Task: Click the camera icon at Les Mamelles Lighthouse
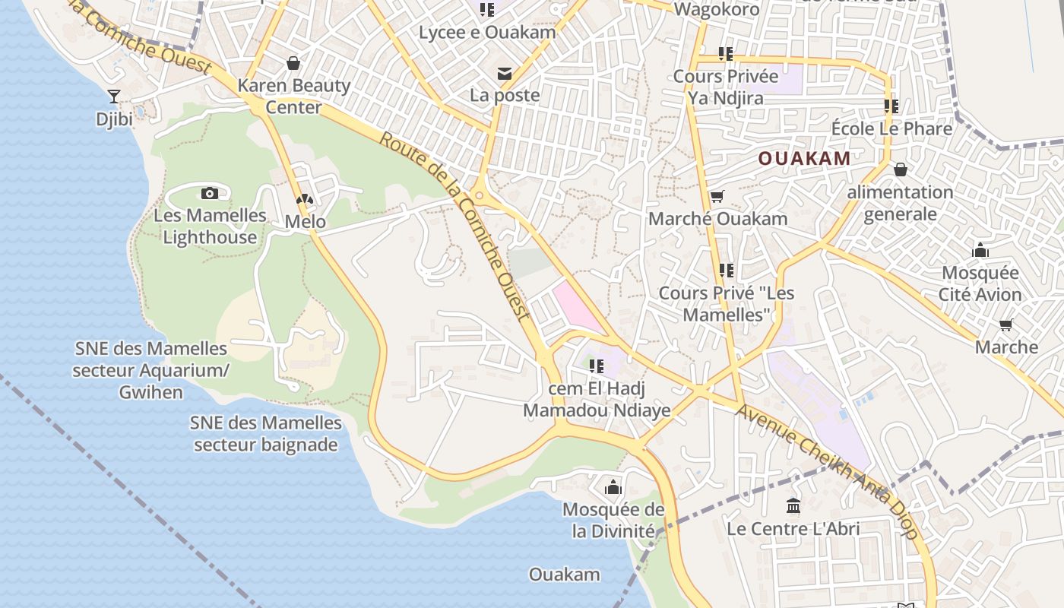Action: (210, 194)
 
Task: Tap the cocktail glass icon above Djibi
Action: (114, 96)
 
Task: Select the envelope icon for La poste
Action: (504, 74)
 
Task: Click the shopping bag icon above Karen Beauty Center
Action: (293, 63)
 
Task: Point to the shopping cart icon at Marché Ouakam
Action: (717, 197)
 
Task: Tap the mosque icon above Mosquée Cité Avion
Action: (980, 250)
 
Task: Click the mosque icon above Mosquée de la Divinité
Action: (613, 487)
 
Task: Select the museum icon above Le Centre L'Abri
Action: (793, 505)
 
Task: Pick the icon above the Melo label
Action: (305, 200)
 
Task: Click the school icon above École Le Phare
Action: (891, 106)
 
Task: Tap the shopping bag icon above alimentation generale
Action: (901, 169)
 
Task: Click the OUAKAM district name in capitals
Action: (804, 158)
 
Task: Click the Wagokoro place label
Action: (717, 10)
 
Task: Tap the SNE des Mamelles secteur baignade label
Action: (265, 433)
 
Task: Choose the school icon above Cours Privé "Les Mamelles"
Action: (726, 271)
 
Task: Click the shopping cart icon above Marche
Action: (1006, 325)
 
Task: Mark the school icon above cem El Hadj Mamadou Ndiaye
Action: (597, 366)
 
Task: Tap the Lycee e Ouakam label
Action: (487, 33)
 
